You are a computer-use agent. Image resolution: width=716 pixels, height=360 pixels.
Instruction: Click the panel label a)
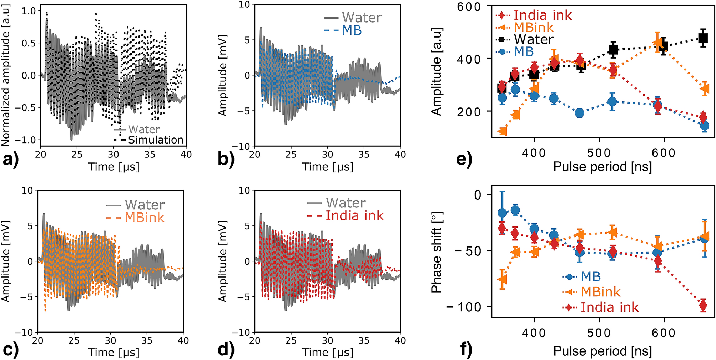pyautogui.click(x=11, y=159)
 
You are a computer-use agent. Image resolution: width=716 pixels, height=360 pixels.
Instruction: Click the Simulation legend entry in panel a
pyautogui.click(x=155, y=140)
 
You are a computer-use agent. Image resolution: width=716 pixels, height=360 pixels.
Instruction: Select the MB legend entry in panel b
pyautogui.click(x=352, y=31)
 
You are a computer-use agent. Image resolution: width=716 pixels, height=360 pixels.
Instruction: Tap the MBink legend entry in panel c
pyautogui.click(x=144, y=217)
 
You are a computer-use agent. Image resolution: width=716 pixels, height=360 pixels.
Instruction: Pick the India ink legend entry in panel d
pyautogui.click(x=354, y=216)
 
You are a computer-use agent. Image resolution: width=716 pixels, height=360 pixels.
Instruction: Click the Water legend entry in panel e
pyautogui.click(x=533, y=39)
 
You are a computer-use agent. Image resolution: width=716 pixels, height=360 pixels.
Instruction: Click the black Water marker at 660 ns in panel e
pyautogui.click(x=703, y=38)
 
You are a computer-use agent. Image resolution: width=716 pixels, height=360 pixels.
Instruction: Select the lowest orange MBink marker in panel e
pyautogui.click(x=503, y=131)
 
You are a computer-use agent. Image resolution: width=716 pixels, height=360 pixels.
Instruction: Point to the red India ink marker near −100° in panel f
pyautogui.click(x=703, y=305)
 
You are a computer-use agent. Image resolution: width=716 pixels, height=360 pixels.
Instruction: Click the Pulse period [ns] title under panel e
pyautogui.click(x=602, y=167)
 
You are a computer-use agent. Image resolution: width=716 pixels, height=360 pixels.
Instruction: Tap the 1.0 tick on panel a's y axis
pyautogui.click(x=29, y=11)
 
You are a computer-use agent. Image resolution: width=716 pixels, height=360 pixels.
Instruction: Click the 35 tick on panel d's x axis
pyautogui.click(x=364, y=340)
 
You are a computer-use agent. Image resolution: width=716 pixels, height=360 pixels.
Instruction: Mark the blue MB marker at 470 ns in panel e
pyautogui.click(x=580, y=113)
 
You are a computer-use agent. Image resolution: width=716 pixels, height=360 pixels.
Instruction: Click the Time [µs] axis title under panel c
pyautogui.click(x=114, y=352)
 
